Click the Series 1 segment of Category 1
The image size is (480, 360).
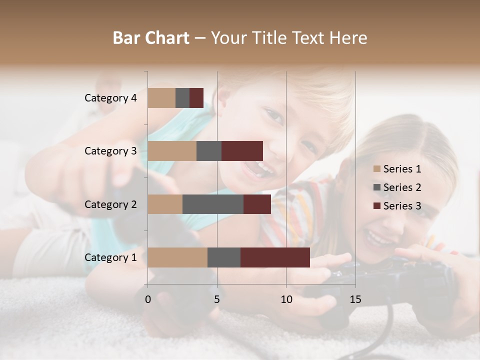point(177,257)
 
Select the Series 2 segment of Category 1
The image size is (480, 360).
point(224,257)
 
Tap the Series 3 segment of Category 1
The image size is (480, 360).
point(275,257)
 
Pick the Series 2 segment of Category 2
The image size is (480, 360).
point(213,204)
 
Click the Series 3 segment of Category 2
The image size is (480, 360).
point(257,204)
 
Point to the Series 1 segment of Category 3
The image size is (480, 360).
point(172,151)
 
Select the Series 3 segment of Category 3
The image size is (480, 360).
point(242,151)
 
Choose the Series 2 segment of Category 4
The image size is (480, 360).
point(182,98)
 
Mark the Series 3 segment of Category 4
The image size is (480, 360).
point(196,98)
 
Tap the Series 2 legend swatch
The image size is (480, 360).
point(376,187)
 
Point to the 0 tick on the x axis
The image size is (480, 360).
point(148,299)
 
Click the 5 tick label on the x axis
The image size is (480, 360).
point(217,299)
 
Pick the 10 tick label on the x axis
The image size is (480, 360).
point(286,299)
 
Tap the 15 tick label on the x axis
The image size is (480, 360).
point(355,299)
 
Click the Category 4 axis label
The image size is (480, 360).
point(110,98)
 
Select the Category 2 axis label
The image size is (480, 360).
point(110,204)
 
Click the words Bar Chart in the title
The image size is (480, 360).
point(151,38)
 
